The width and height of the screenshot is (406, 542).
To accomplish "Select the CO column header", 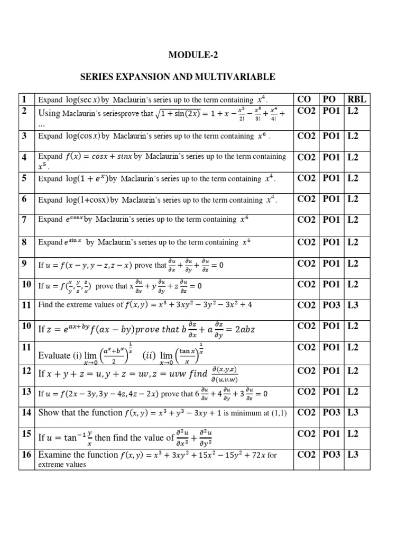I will [304, 99].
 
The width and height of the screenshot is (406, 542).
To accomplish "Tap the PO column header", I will [329, 99].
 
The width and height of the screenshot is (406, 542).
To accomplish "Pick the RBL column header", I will [357, 99].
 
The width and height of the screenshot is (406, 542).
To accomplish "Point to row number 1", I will [24, 99].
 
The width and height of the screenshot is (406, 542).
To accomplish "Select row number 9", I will [24, 264].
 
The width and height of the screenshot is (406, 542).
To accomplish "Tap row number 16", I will [26, 454].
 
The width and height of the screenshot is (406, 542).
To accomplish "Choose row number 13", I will [26, 391].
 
